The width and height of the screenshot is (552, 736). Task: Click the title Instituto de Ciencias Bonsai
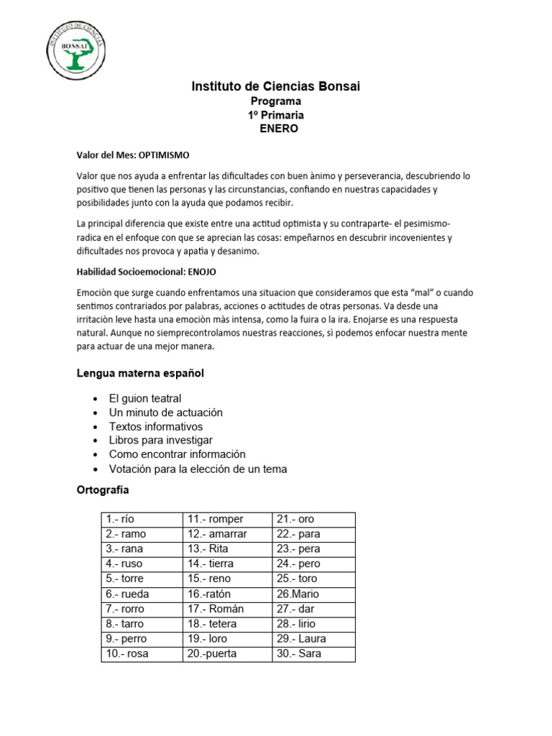point(276,87)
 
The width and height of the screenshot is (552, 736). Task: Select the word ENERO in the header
point(277,129)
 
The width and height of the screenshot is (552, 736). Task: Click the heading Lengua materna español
point(140,373)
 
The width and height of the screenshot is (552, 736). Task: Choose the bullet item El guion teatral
point(144,398)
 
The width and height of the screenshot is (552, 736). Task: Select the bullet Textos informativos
point(155,426)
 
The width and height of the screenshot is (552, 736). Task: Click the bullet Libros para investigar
point(160,440)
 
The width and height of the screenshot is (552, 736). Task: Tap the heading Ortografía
point(103,490)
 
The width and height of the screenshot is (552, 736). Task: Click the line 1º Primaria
point(276,115)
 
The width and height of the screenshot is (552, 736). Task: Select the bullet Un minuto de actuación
point(165,413)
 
